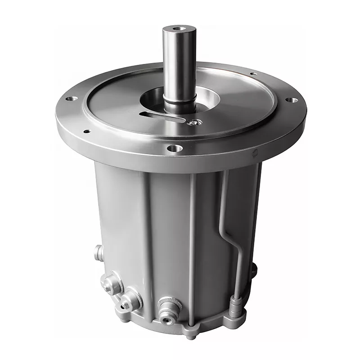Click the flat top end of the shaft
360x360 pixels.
coord(176,30)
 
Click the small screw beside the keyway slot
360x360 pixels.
coord(193,121)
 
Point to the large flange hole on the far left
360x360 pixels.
coord(71,99)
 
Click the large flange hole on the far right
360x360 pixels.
coord(292,100)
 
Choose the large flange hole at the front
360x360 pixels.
coord(175,148)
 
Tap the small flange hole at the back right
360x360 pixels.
coord(253,73)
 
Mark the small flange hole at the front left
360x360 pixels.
coord(87,131)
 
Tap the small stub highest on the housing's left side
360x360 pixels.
coord(98,252)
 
